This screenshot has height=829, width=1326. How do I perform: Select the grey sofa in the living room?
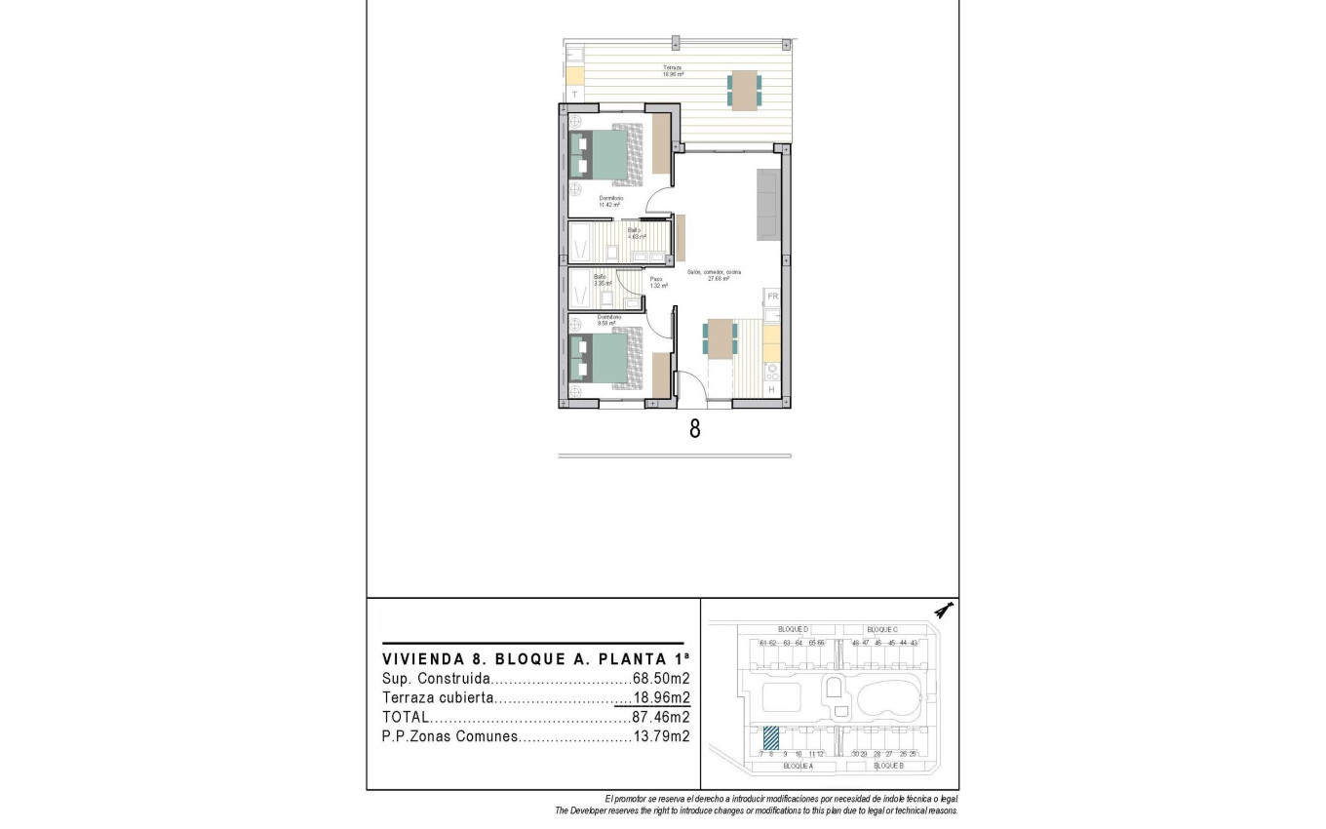click(768, 204)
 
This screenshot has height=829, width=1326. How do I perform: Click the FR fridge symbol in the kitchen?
click(771, 296)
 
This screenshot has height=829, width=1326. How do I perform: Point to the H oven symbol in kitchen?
click(771, 389)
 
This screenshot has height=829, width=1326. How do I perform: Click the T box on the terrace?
click(574, 95)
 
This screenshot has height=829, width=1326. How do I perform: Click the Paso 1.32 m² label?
click(659, 283)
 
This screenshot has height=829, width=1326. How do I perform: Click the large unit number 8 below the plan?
click(694, 429)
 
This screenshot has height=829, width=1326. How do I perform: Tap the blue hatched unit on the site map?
click(770, 738)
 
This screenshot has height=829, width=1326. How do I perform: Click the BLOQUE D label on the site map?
click(793, 629)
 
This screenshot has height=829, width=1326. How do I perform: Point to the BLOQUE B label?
click(888, 767)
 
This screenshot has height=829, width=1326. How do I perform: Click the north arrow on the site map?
click(942, 611)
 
